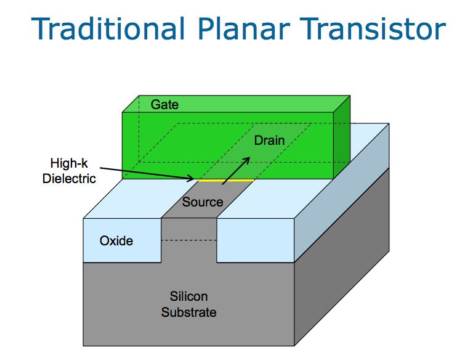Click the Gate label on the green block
(164, 104)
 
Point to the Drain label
(269, 141)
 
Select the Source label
(202, 202)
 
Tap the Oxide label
(116, 240)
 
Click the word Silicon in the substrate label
(188, 297)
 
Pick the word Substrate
(188, 313)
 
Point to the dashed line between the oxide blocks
(188, 240)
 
